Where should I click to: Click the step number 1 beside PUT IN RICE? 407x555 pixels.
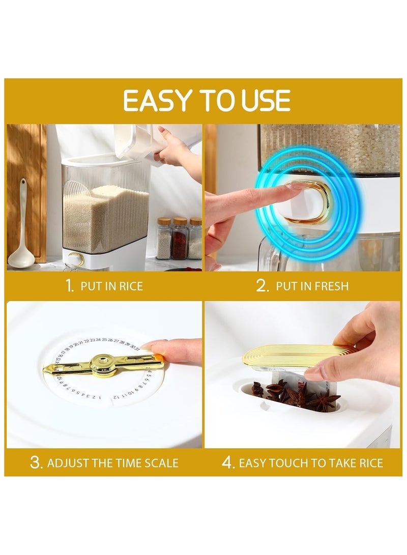(70, 286)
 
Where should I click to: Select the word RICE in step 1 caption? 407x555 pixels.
(131, 286)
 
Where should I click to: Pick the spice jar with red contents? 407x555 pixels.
(180, 238)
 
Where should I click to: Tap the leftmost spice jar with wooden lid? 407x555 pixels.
(164, 238)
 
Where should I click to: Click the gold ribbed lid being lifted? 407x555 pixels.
(299, 356)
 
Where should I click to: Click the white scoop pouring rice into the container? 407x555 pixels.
(141, 141)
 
